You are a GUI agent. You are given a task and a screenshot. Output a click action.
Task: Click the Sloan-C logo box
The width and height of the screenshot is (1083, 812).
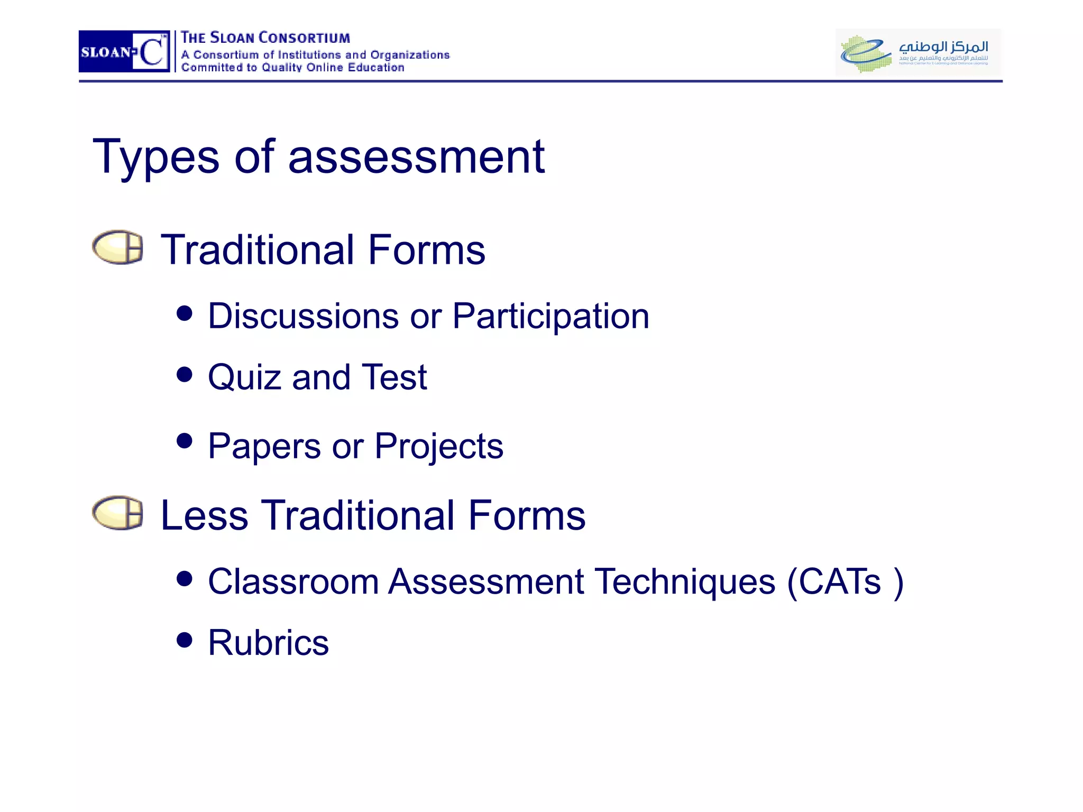pos(124,51)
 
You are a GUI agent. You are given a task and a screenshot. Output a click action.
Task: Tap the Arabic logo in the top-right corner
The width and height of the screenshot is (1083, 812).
pos(918,52)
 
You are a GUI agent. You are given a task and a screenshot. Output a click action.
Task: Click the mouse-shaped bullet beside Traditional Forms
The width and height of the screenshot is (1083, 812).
pos(117,247)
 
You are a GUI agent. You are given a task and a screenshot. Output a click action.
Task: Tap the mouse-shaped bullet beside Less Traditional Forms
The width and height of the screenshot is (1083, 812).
pos(117,513)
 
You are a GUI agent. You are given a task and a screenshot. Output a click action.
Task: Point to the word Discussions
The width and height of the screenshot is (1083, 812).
pos(303,316)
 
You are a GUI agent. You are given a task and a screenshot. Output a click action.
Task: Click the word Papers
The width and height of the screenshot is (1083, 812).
pos(264,446)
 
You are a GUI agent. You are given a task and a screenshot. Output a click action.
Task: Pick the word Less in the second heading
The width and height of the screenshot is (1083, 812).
pos(204,515)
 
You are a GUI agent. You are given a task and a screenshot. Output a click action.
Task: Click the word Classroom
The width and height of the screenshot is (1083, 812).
pos(293,582)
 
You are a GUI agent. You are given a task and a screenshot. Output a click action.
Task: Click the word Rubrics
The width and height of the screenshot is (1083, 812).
pos(268,643)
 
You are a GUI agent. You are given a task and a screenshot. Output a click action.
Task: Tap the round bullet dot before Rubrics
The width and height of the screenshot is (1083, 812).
pos(185,640)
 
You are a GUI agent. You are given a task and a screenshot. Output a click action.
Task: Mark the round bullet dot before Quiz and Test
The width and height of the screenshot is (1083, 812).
pos(185,375)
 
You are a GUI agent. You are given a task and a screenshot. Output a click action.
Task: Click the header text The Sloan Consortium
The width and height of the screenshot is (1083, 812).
pos(265,38)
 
